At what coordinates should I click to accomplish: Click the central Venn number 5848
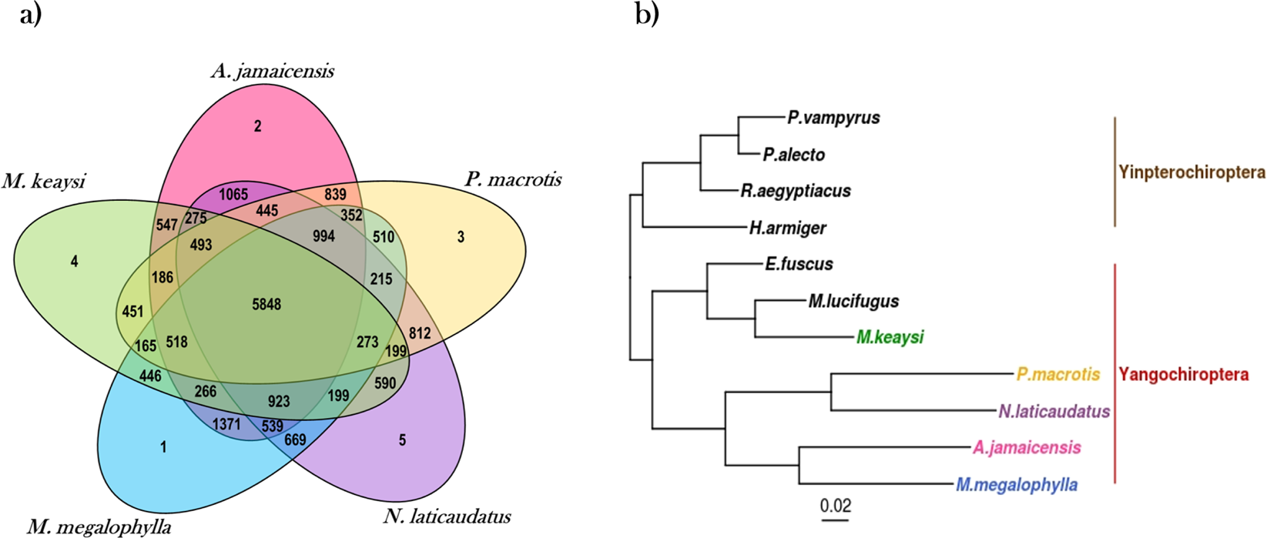click(266, 305)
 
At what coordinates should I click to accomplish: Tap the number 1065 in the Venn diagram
click(233, 195)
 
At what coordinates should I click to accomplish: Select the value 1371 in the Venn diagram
click(226, 424)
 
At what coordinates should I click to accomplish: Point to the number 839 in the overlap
click(335, 195)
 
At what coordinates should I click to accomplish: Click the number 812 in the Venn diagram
click(420, 334)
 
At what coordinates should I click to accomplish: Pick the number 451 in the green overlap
click(133, 312)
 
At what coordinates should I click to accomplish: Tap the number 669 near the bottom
click(295, 440)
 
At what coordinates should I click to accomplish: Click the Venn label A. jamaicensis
click(272, 72)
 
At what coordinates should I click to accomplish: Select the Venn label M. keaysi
click(43, 182)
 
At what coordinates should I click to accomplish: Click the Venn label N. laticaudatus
click(447, 516)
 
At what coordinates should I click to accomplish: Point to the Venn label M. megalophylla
click(99, 527)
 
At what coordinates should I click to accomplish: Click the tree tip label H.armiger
click(787, 228)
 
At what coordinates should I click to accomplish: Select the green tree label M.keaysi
click(890, 337)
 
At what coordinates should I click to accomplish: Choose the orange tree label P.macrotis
click(1058, 375)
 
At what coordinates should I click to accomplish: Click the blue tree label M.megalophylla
click(1017, 485)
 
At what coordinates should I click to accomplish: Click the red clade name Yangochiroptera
click(1183, 375)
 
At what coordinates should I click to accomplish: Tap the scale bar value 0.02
click(835, 506)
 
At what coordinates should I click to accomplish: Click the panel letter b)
click(647, 15)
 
